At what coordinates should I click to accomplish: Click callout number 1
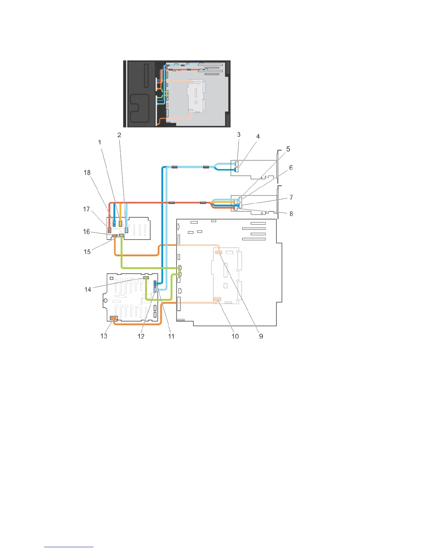click(x=100, y=142)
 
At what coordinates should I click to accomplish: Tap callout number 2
click(x=119, y=135)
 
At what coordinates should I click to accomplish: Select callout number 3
click(x=239, y=135)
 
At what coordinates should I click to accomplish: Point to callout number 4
click(x=258, y=136)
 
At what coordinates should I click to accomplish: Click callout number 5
click(x=288, y=149)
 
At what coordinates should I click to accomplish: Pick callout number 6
click(x=291, y=168)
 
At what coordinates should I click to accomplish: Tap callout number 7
click(x=291, y=197)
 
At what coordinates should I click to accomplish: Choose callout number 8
click(x=291, y=214)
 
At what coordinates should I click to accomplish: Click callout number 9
click(x=261, y=336)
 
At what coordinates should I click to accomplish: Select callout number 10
click(x=235, y=336)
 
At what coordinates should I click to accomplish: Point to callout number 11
click(x=171, y=336)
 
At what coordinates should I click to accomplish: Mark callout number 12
click(x=141, y=336)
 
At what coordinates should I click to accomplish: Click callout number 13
click(x=104, y=336)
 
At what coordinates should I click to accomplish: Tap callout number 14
click(x=87, y=289)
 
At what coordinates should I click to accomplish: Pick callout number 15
click(x=87, y=252)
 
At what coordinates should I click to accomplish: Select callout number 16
click(x=86, y=232)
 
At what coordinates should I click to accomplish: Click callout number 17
click(x=86, y=209)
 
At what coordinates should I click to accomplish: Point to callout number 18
click(x=87, y=173)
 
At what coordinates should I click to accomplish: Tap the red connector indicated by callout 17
click(x=109, y=230)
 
